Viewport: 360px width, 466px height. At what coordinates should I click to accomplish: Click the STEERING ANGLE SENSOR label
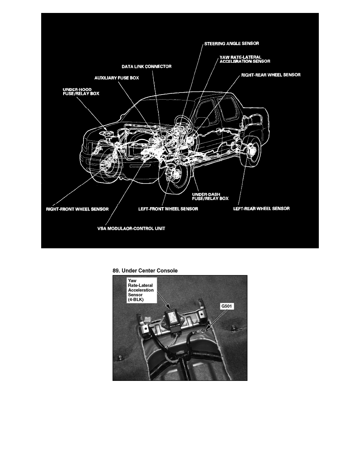point(231,43)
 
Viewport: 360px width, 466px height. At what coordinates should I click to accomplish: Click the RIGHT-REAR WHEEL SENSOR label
point(271,74)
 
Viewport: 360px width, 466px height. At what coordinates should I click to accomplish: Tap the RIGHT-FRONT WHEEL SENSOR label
point(76,209)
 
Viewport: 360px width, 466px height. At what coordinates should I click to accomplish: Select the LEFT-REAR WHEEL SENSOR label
point(261,208)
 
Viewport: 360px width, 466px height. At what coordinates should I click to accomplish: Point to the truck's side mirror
point(201,122)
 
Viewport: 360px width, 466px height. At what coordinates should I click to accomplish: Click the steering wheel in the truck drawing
point(181,119)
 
